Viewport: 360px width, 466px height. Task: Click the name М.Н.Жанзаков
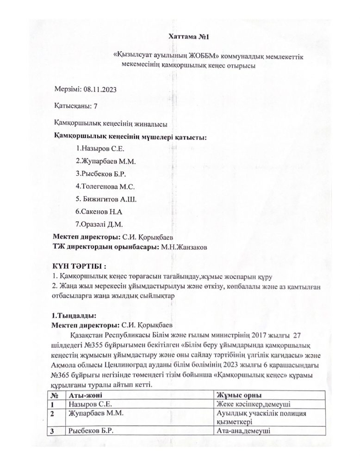[184, 247]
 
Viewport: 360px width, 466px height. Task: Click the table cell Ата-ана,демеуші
[243, 431]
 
